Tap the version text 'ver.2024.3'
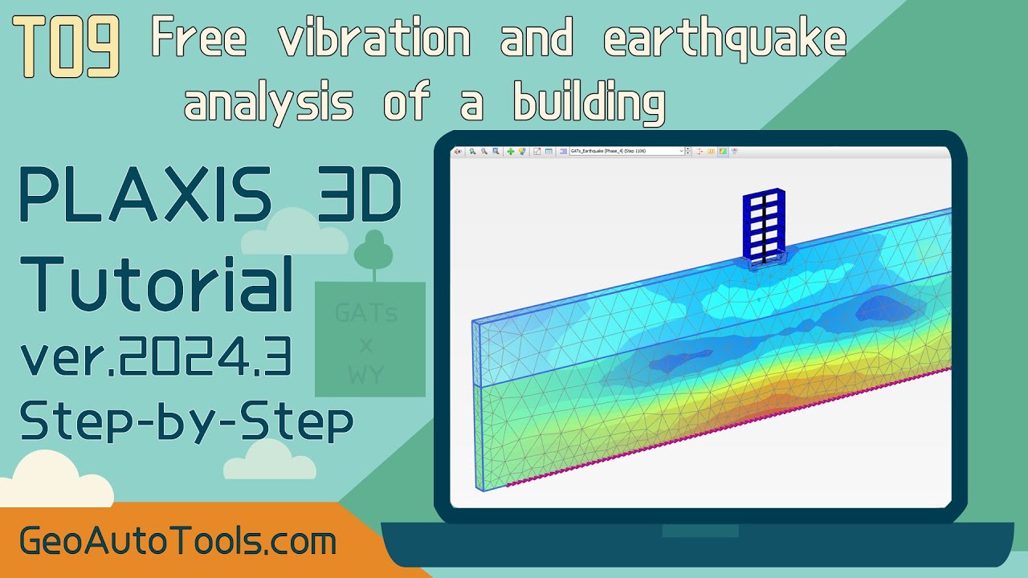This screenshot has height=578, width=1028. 156,358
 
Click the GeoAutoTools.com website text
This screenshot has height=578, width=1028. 177,542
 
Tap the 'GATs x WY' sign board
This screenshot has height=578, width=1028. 369,340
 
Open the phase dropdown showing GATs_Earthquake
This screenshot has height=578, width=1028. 627,151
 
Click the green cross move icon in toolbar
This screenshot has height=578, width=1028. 511,151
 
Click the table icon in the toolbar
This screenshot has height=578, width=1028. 549,151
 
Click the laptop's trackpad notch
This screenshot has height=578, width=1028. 700,531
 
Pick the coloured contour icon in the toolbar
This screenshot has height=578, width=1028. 722,151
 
